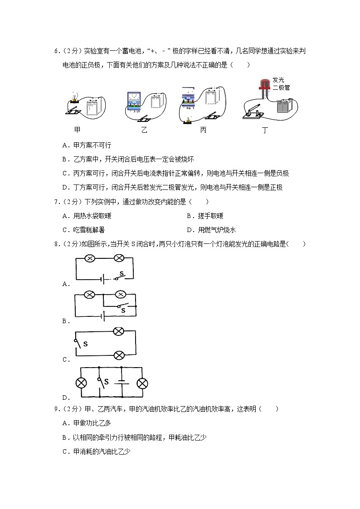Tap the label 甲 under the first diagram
click(77, 130)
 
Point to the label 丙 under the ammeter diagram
click(203, 130)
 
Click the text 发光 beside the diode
click(278, 80)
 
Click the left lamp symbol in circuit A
click(90, 258)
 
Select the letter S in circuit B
click(123, 311)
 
